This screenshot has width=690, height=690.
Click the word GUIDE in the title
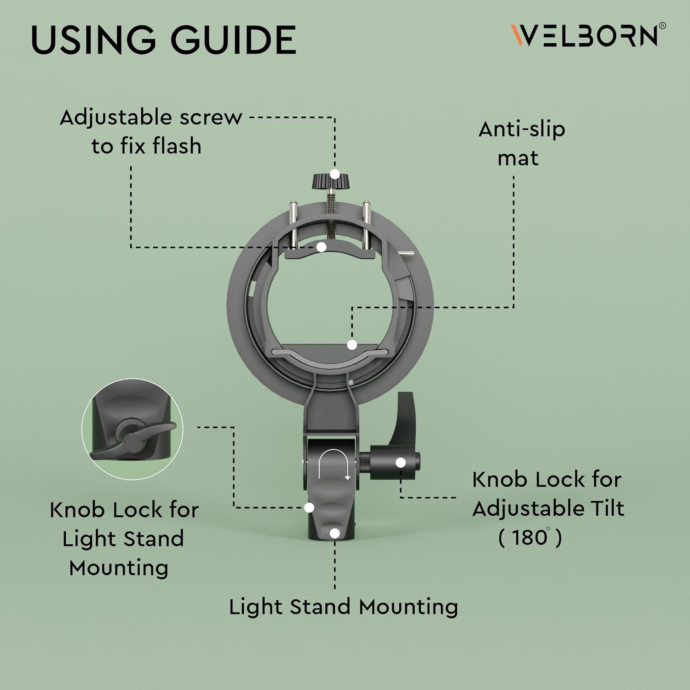234,40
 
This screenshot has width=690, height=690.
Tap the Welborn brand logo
584,36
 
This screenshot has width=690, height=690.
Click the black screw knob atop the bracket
330,181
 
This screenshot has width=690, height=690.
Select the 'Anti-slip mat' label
521,144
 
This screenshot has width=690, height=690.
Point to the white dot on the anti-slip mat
352,345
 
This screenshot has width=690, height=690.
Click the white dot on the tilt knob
401,462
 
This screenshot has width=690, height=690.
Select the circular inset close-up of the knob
132,430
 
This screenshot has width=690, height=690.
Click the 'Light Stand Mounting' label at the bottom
343,607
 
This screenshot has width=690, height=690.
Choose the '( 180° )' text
530,537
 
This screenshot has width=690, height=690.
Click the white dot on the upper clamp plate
322,247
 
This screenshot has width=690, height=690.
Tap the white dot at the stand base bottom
335,533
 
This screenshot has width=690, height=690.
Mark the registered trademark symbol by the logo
662,26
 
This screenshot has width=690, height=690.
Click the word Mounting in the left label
118,568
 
